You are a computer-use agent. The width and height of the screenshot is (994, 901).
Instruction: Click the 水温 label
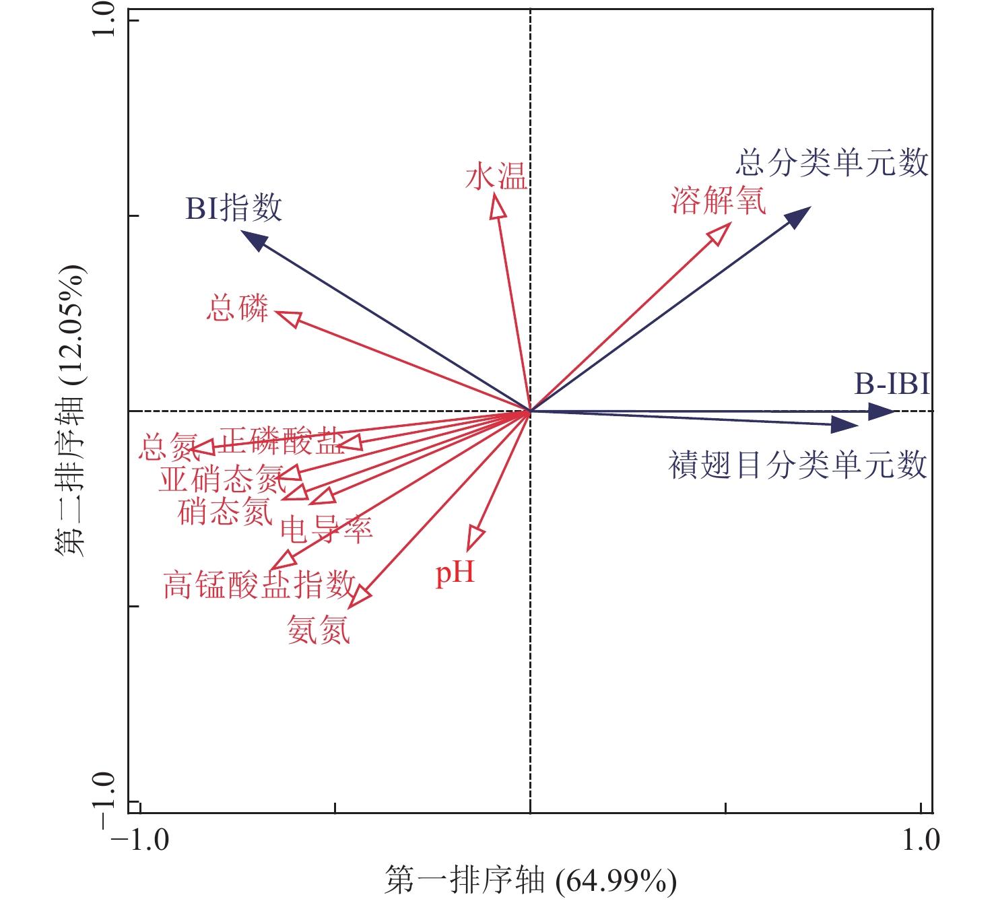(496, 178)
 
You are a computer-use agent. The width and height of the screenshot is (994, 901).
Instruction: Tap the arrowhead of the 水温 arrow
(497, 204)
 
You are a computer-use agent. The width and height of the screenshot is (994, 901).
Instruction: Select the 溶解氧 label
(719, 200)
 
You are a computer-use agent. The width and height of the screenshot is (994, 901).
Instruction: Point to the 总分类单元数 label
(832, 164)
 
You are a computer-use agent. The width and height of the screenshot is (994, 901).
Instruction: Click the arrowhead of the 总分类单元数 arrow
(799, 217)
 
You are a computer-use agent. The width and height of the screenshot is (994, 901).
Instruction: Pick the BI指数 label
(234, 208)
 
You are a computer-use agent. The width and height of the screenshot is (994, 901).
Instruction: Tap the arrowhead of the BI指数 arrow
(253, 240)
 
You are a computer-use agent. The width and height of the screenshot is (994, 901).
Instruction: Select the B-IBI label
(892, 385)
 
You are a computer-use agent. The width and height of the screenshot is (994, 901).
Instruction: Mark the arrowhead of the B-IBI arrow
(882, 411)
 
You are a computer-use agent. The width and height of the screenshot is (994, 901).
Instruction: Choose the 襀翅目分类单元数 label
(797, 465)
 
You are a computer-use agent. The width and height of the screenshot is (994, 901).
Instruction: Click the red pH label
(455, 574)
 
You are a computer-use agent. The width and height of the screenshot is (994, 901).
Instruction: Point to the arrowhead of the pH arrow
(475, 539)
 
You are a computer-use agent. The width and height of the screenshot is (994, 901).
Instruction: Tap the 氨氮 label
(319, 630)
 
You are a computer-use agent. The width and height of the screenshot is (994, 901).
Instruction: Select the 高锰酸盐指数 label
(259, 585)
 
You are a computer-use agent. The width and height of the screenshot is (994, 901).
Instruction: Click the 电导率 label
(327, 530)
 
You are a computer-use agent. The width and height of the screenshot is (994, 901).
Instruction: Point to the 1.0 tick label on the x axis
(921, 840)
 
